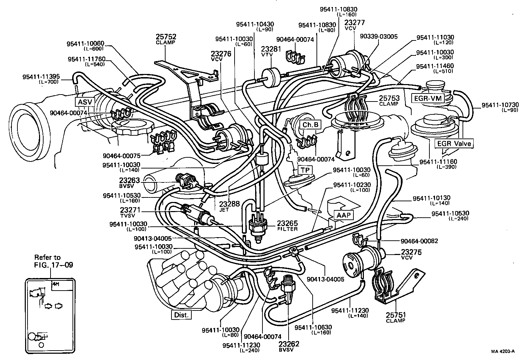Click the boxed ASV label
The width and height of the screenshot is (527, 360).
[84, 102]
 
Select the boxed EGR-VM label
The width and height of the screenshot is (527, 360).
[427, 98]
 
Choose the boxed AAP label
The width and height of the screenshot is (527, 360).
[343, 215]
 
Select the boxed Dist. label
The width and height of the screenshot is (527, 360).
[181, 315]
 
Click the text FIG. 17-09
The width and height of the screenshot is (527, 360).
[53, 265]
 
